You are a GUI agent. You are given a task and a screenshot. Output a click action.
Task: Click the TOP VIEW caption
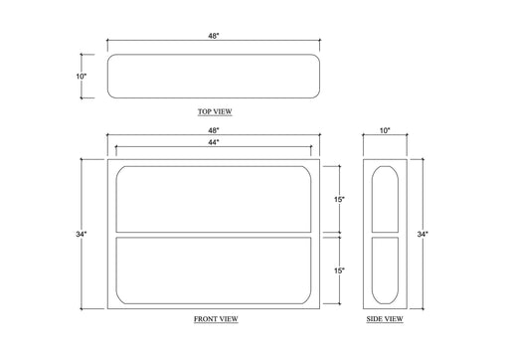coord(215,111)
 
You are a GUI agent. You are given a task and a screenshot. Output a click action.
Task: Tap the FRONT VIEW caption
coord(216,319)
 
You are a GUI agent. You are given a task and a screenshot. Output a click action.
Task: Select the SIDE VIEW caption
coord(385,319)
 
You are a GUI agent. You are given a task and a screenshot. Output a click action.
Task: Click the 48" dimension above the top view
coord(214,36)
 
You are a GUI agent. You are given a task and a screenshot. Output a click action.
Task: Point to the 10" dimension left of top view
coord(82,77)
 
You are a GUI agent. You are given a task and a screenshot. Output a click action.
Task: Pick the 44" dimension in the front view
coord(214,142)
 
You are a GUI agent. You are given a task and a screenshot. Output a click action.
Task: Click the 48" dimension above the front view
coord(214,130)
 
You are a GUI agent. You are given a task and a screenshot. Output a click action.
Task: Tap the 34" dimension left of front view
coord(82,234)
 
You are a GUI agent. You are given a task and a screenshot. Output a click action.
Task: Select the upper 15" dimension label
coord(339,200)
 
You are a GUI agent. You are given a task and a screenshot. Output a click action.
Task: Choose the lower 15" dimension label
coord(339,270)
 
